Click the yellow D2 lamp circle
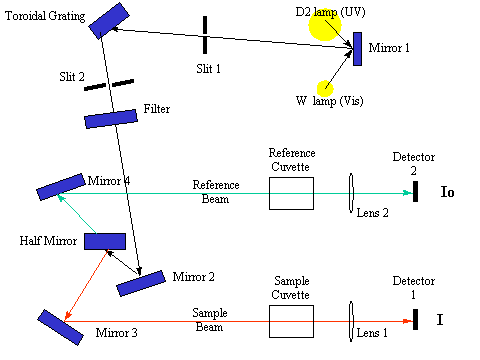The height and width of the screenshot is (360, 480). pyautogui.click(x=325, y=27)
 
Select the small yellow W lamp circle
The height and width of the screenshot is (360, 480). pyautogui.click(x=326, y=89)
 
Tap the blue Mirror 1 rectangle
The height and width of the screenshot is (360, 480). pyautogui.click(x=357, y=49)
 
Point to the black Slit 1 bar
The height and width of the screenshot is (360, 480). pyautogui.click(x=205, y=35)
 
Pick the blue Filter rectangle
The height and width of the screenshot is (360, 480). pyautogui.click(x=110, y=118)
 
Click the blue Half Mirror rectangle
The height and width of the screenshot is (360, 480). pyautogui.click(x=104, y=241)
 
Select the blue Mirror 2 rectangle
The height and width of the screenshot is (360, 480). pyautogui.click(x=139, y=283)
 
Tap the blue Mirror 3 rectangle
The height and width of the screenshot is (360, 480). pyautogui.click(x=59, y=329)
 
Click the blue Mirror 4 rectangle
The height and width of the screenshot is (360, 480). pyautogui.click(x=61, y=187)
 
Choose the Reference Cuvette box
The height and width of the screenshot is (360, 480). pyautogui.click(x=291, y=193)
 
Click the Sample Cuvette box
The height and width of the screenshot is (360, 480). pyautogui.click(x=291, y=320)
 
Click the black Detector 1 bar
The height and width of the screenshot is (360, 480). pyautogui.click(x=414, y=319)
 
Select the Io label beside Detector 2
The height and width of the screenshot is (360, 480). pyautogui.click(x=447, y=192)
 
